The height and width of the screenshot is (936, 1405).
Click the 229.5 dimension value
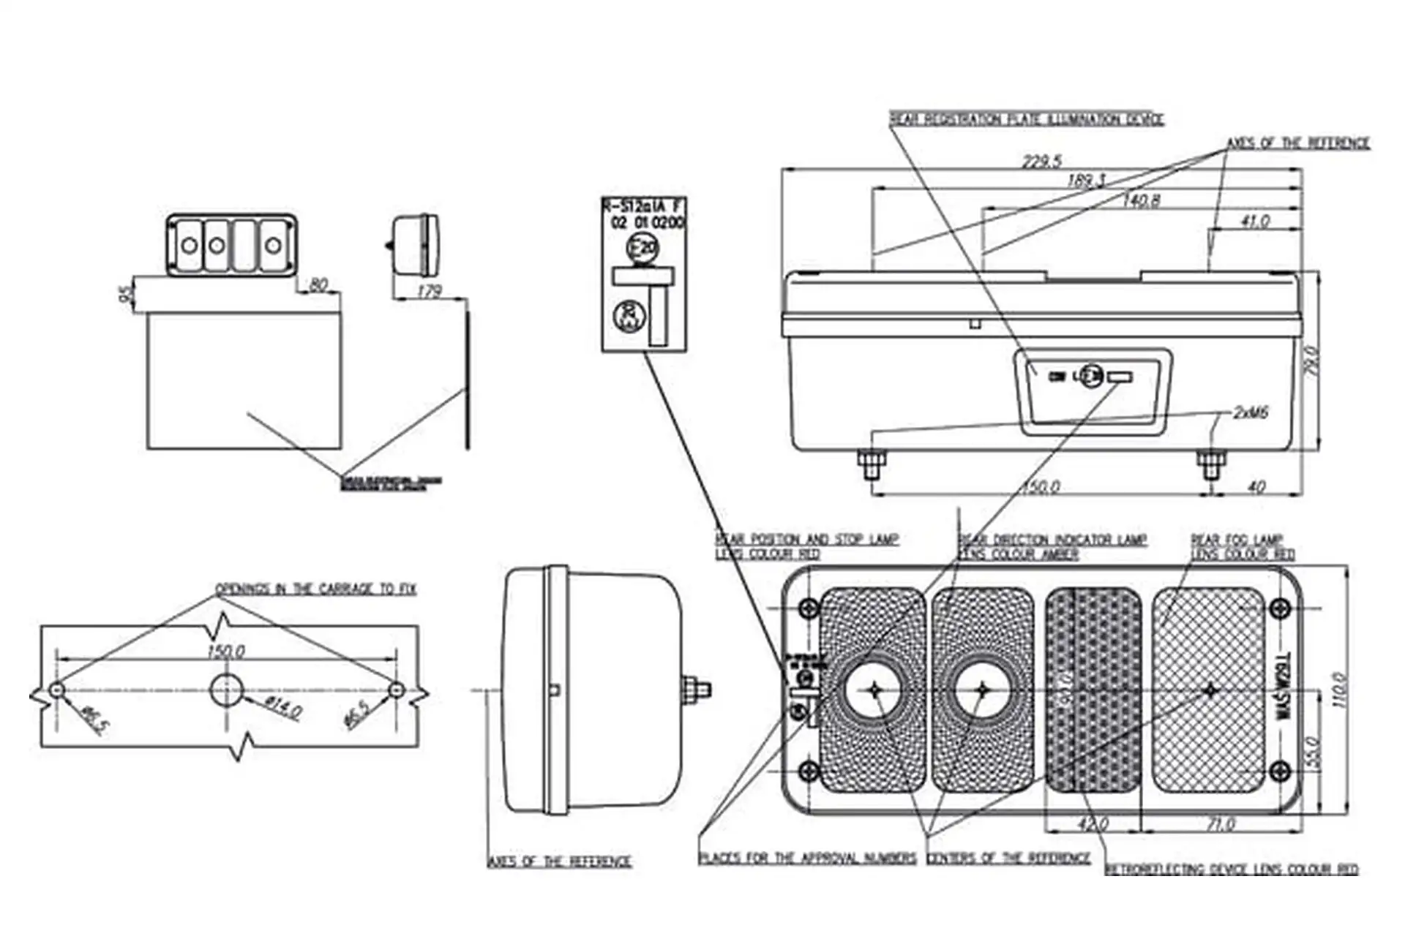click(x=1041, y=162)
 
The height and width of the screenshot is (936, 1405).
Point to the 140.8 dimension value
click(x=1141, y=200)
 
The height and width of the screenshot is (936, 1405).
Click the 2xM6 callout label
click(x=1251, y=413)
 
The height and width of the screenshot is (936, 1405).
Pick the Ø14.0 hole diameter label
click(x=282, y=707)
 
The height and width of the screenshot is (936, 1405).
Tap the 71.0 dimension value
click(x=1221, y=824)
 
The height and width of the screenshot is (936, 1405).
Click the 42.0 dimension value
click(x=1093, y=824)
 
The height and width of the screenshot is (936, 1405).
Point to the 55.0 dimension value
click(x=1311, y=752)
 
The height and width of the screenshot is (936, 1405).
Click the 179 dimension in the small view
click(x=429, y=291)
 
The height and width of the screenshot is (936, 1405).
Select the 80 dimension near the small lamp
click(x=318, y=284)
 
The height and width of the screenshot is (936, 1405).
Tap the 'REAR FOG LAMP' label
click(x=1237, y=540)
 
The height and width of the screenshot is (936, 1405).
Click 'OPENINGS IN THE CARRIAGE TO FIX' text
click(x=315, y=589)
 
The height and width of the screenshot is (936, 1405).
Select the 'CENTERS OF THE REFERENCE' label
click(x=1008, y=858)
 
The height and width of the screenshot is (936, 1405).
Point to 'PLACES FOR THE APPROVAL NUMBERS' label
click(x=807, y=858)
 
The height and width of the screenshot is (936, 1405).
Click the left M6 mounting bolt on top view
click(x=871, y=464)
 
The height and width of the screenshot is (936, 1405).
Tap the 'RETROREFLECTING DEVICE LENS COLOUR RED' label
click(x=1231, y=869)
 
